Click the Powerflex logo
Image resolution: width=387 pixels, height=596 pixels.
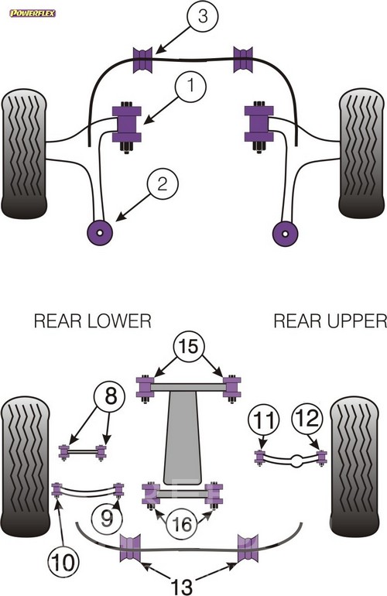33,13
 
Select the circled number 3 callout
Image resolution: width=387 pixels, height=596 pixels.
203,17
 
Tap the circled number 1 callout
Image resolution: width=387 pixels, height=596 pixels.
191,87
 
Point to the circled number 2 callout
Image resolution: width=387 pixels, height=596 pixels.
163,185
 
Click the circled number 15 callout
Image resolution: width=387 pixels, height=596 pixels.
190,347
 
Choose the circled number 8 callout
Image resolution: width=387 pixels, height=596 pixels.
110,398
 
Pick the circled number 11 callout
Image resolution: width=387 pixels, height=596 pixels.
263,420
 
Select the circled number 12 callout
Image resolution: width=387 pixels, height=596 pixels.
307,419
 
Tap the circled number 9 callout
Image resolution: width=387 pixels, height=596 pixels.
107,518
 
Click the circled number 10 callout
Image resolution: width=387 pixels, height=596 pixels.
63,563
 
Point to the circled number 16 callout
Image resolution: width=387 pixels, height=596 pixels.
182,525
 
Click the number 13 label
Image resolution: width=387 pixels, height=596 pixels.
182,586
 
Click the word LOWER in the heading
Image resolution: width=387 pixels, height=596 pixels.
119,321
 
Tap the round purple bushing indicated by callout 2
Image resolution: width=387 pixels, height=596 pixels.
100,232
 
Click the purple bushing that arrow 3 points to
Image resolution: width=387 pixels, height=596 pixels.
142,60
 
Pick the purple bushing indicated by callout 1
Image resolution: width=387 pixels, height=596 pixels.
126,125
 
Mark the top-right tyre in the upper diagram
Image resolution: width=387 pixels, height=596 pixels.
361,153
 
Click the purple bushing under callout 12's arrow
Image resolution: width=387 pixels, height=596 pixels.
322,457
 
